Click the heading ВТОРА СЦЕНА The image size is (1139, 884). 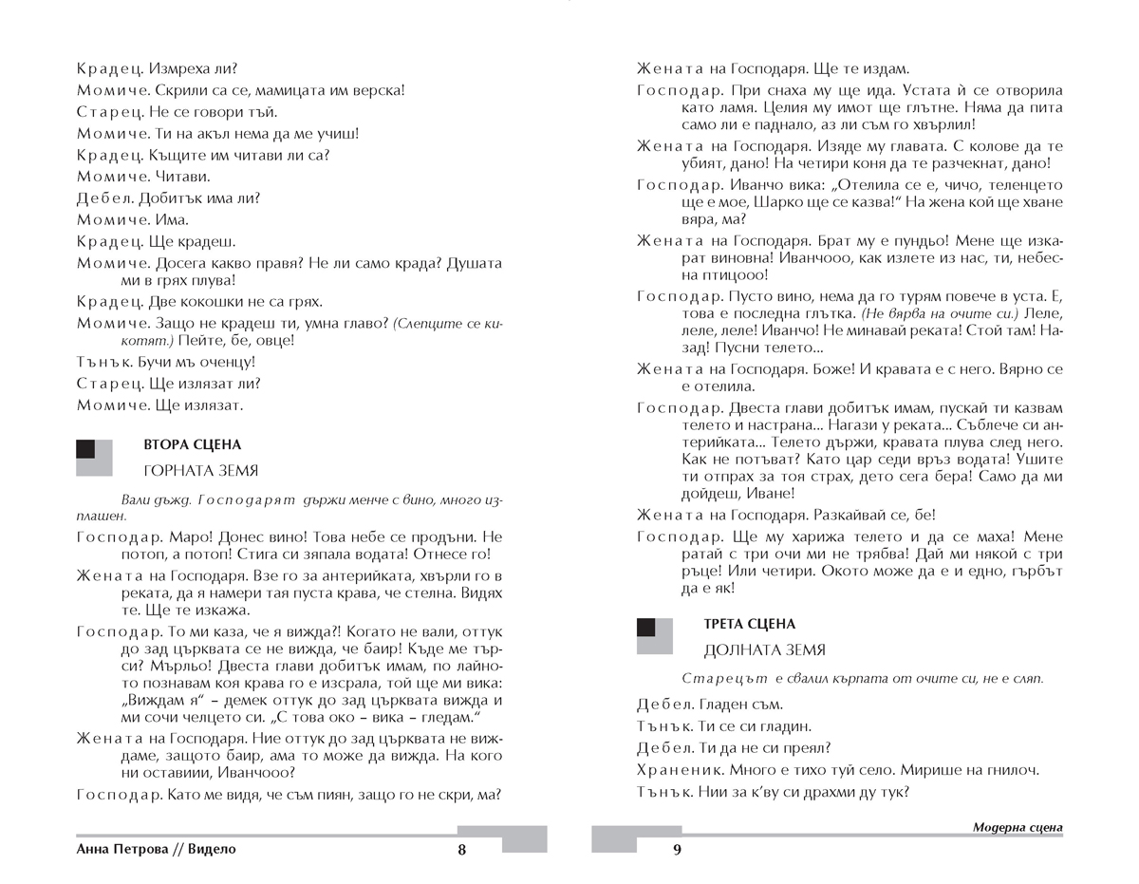pos(192,444)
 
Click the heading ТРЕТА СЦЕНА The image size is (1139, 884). pos(750,624)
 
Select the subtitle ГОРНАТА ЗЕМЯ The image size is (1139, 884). pos(200,471)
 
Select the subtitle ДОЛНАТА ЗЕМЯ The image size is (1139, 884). pos(765,650)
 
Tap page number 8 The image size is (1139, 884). pos(462,850)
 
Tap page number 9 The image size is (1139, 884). pos(677,850)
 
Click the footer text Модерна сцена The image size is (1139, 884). pos(1018,827)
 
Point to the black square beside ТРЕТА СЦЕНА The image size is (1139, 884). pos(646,627)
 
